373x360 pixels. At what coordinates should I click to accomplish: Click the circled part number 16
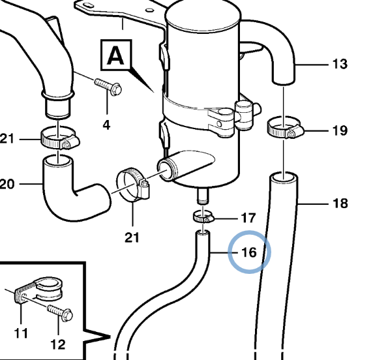pos(249,252)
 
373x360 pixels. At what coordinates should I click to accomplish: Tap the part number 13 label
pos(340,64)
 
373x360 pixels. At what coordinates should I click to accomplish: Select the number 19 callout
pos(340,130)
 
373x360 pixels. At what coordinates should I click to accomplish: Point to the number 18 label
pos(340,203)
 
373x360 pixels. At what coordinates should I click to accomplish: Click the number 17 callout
pos(248,218)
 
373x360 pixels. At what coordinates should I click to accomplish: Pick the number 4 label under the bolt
pos(106,125)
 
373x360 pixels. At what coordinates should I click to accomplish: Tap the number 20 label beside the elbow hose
pos(7,184)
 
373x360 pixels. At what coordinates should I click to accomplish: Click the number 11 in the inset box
pos(21,333)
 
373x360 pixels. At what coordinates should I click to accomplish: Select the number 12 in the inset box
pos(58,344)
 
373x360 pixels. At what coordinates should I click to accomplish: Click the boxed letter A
pos(115,55)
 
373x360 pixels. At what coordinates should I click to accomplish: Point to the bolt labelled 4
pos(108,86)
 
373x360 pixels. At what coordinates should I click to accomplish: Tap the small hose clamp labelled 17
pos(203,217)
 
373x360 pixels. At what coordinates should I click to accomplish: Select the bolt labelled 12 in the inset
pos(60,312)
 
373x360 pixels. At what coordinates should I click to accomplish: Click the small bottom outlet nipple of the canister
pos(202,196)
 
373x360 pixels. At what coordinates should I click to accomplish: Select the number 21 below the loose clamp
pos(132,237)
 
